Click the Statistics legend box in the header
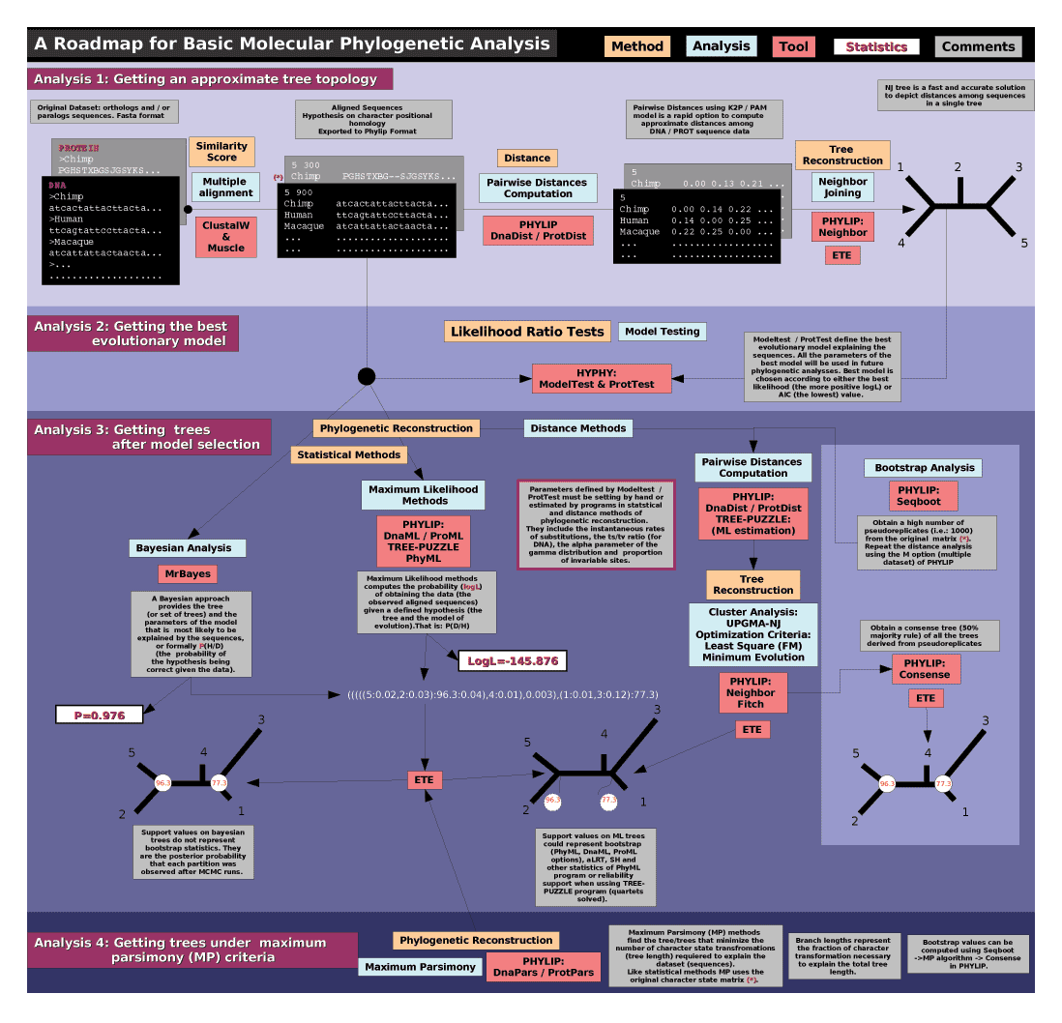(x=876, y=46)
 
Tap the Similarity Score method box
(x=221, y=152)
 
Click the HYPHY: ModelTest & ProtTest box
(x=601, y=378)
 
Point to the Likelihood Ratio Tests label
(x=526, y=332)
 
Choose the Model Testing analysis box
(x=662, y=332)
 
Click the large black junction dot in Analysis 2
(x=367, y=376)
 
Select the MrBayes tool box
(x=188, y=574)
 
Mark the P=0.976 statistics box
(x=99, y=715)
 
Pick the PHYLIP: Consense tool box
(x=927, y=668)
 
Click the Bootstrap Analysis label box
(x=924, y=468)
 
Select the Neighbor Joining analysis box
(x=842, y=188)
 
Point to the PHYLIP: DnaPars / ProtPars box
(x=544, y=966)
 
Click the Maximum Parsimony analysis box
(x=420, y=967)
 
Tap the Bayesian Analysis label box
(x=188, y=548)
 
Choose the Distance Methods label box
(x=578, y=428)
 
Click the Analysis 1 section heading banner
(x=209, y=78)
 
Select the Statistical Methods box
(x=349, y=454)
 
